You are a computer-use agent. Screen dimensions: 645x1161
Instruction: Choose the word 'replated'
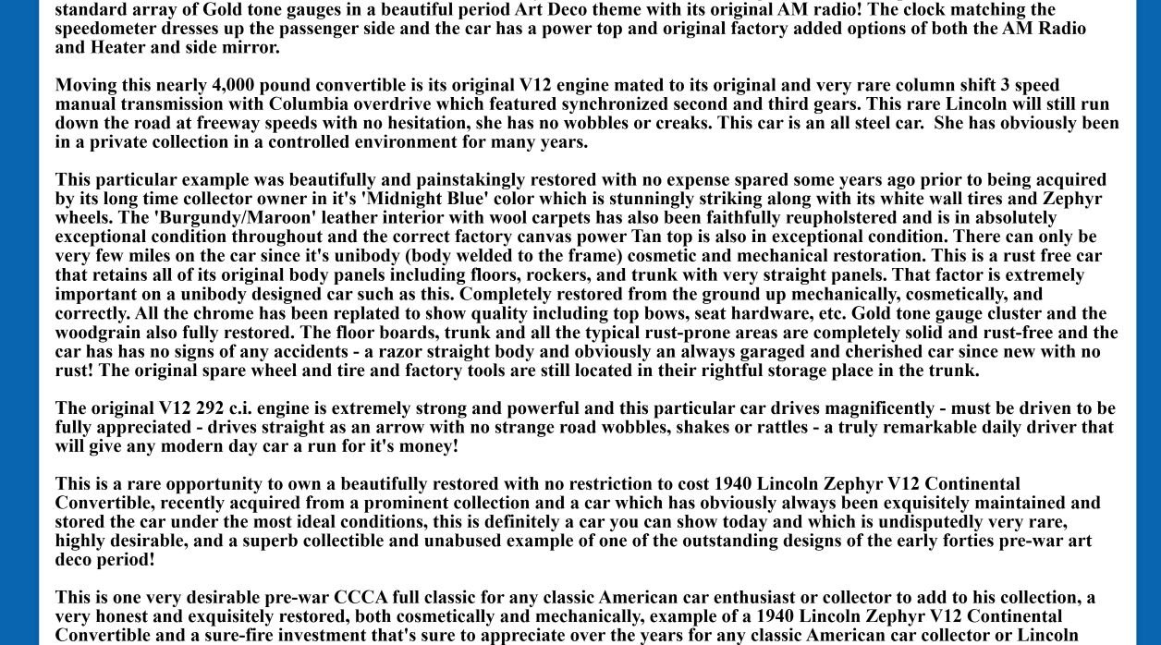pyautogui.click(x=348, y=313)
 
